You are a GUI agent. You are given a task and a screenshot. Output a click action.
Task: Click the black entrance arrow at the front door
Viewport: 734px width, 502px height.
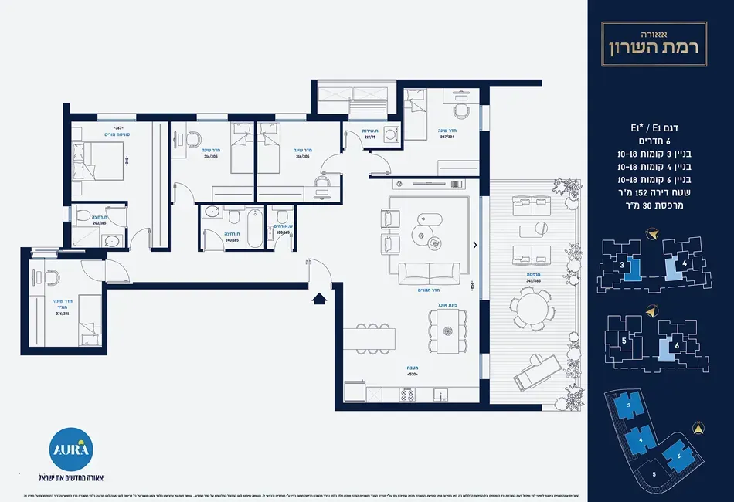tap(317, 297)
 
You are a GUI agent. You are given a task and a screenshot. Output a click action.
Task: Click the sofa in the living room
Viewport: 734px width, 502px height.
tap(429, 272)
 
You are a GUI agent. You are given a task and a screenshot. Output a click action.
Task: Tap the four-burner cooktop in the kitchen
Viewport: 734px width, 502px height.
tap(407, 395)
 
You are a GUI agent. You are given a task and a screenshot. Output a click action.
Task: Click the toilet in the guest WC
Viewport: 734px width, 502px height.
tap(283, 215)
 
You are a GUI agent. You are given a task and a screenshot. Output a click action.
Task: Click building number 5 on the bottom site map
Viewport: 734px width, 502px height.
tap(654, 473)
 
